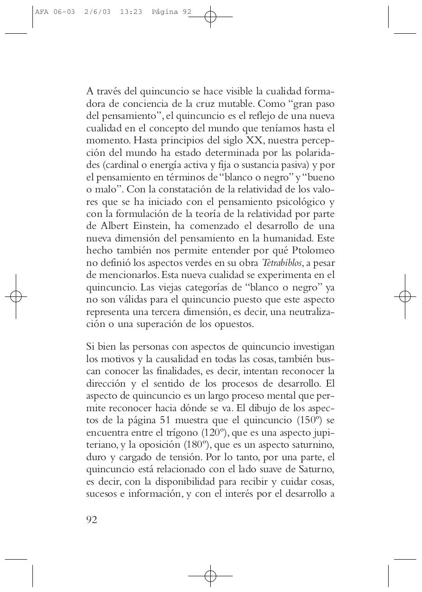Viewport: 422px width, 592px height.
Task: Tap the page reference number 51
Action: (x=167, y=420)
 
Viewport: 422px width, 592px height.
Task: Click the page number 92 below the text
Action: (x=92, y=520)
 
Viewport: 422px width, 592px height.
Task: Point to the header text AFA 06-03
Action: (x=55, y=12)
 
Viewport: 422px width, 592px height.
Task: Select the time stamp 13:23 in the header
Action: (x=131, y=12)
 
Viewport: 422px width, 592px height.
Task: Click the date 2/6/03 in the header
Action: (x=98, y=12)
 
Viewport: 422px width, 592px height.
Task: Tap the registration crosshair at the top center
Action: (x=210, y=17)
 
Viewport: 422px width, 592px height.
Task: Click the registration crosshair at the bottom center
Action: (x=210, y=576)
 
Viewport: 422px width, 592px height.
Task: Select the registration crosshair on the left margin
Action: (x=16, y=296)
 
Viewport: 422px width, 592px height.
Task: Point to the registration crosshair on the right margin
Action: (x=405, y=296)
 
